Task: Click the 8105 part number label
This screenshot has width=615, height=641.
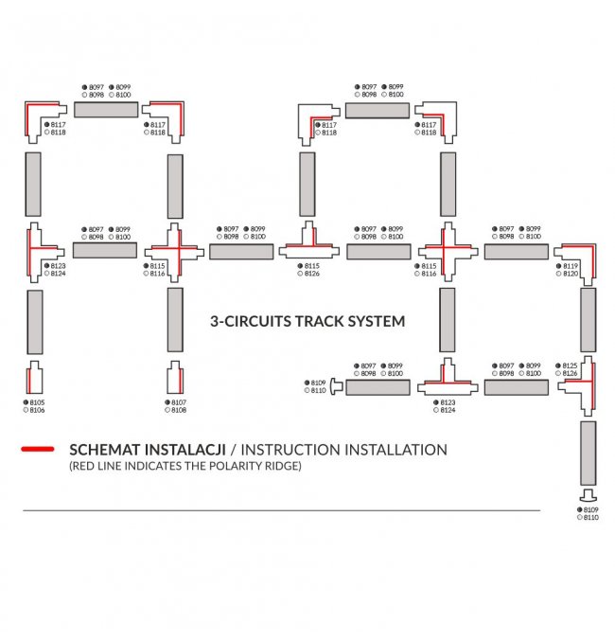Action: [38, 402]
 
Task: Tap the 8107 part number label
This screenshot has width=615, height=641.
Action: [179, 402]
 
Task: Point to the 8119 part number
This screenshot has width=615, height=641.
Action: [571, 267]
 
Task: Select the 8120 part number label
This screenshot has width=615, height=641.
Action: [571, 275]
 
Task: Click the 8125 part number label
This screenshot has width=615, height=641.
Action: [570, 365]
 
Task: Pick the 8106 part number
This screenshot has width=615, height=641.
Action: [38, 410]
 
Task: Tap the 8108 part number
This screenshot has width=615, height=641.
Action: [179, 410]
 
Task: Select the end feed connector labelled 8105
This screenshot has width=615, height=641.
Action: [35, 378]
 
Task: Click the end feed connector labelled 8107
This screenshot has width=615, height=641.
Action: [176, 378]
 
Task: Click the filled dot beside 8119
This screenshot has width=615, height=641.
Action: [558, 267]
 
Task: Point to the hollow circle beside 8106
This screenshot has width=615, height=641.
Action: [26, 410]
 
